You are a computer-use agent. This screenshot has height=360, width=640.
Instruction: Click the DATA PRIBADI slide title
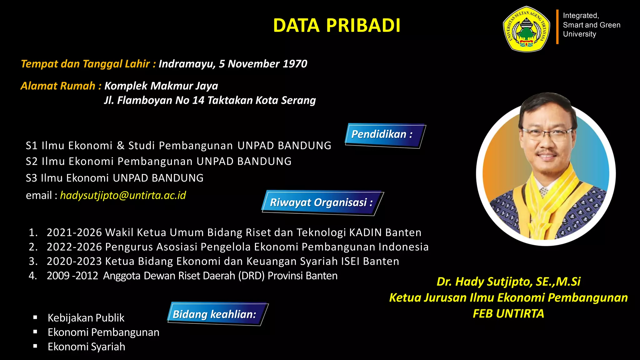[337, 25]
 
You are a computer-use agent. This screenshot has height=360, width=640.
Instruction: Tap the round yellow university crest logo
[527, 29]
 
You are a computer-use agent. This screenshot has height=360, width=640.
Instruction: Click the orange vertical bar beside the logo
[557, 27]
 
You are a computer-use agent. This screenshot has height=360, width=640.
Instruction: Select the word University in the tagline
[579, 34]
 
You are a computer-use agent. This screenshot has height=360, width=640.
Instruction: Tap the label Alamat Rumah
[58, 86]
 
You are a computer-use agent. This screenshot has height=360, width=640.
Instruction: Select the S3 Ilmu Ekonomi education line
[114, 178]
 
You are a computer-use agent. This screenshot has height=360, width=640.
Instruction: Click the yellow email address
[123, 195]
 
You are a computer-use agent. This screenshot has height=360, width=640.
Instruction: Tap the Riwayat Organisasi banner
[322, 202]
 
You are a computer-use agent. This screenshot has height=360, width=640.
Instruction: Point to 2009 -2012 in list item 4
[72, 276]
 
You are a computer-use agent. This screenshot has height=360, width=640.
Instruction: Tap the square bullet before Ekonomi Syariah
[35, 346]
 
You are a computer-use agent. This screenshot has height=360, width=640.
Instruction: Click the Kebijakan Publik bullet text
[86, 318]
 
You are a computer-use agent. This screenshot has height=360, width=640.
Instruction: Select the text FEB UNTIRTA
[508, 313]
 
